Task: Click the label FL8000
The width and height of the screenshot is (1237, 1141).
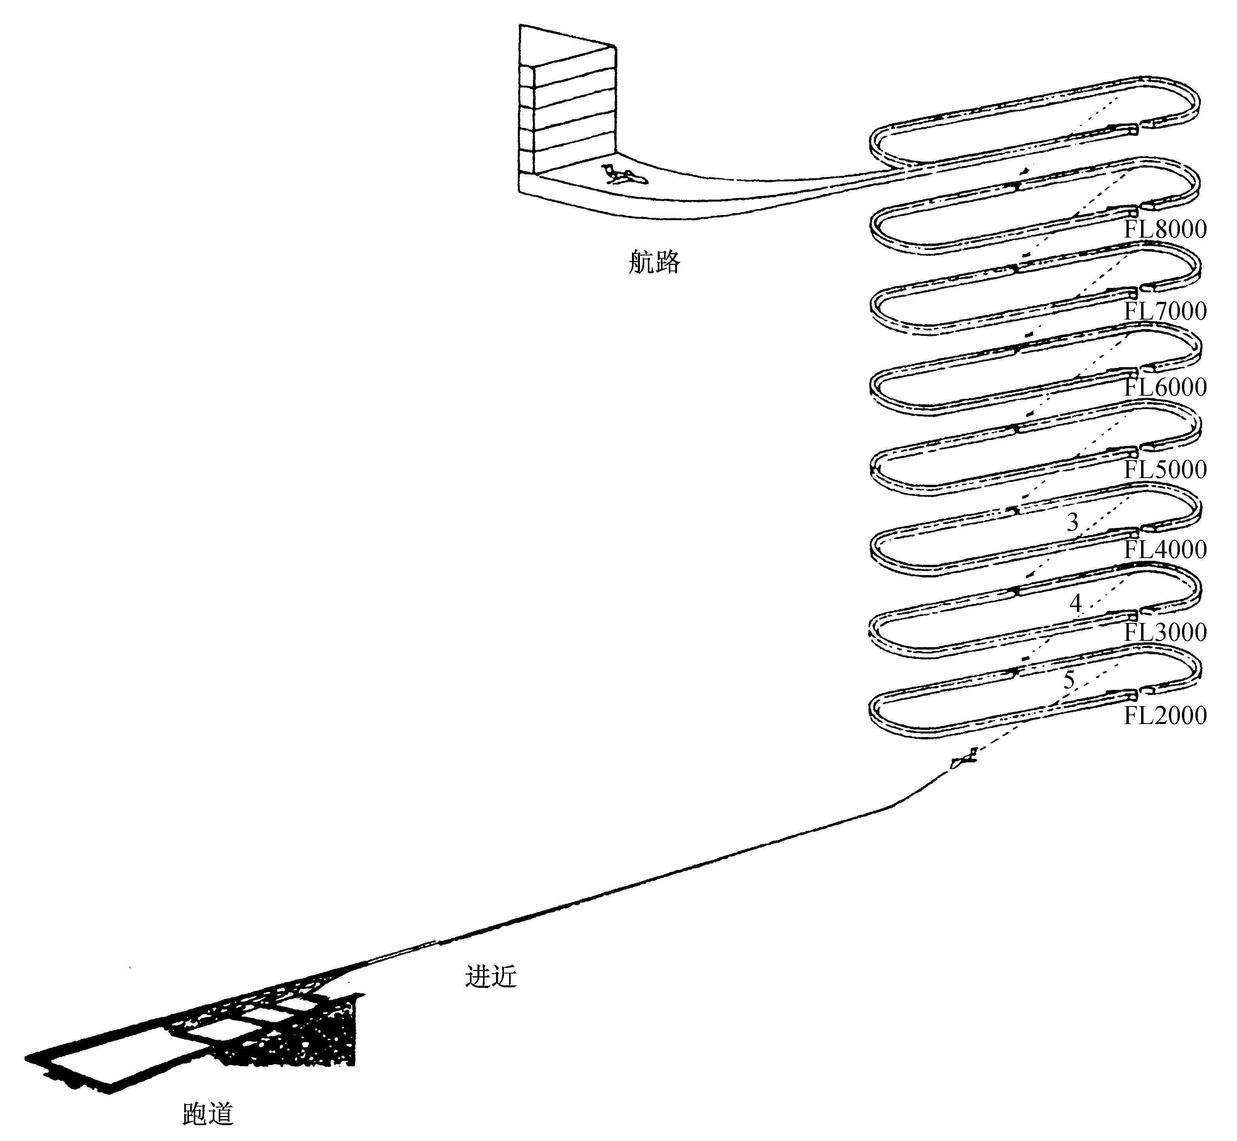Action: click(1165, 229)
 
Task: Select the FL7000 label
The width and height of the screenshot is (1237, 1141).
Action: click(1165, 310)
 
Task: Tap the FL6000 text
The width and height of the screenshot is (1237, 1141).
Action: click(1165, 387)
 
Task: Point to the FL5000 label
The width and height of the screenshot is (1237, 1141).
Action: click(1165, 469)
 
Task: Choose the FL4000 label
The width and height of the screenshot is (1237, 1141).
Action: click(1165, 549)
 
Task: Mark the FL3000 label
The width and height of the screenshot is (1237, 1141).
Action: click(1165, 632)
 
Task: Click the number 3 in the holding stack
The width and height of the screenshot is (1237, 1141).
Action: click(1072, 522)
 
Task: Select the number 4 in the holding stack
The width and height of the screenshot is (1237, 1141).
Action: click(1075, 603)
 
